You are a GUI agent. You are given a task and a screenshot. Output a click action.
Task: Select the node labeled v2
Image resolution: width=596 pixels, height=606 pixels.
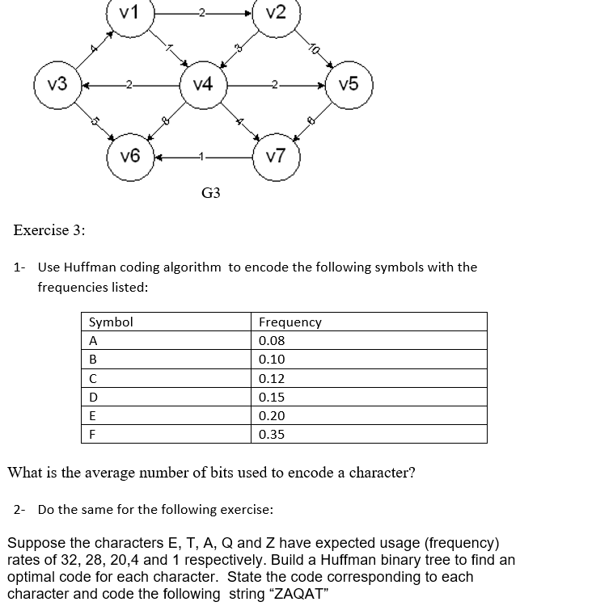(x=276, y=14)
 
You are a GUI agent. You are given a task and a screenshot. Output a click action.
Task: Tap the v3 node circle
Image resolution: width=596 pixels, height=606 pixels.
(x=57, y=84)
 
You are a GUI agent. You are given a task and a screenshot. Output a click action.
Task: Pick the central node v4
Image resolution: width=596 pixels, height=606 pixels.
(x=203, y=84)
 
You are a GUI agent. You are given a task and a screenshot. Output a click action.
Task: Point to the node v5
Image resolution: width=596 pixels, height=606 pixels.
(x=349, y=84)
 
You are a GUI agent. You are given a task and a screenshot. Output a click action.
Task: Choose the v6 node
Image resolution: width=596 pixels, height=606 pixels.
(x=129, y=155)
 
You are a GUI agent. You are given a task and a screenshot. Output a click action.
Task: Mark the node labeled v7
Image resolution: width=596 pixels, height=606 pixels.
(x=276, y=155)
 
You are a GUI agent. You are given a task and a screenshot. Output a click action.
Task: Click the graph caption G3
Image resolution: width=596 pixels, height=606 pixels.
(x=210, y=193)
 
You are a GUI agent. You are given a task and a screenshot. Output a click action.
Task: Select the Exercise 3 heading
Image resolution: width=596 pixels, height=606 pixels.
(x=49, y=230)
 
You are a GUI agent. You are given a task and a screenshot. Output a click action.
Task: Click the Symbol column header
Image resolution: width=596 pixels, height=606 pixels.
(x=111, y=322)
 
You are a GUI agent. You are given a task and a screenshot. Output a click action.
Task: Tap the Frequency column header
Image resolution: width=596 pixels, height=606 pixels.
(x=290, y=322)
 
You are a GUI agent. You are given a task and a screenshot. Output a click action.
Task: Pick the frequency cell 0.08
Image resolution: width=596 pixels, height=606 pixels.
(x=272, y=340)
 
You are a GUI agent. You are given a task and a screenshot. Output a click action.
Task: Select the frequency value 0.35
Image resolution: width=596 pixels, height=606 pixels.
(x=272, y=434)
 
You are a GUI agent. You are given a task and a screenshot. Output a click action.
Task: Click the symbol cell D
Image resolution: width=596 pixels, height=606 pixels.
(x=93, y=397)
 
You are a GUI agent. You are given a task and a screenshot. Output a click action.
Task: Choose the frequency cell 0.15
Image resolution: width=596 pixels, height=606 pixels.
(x=272, y=397)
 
